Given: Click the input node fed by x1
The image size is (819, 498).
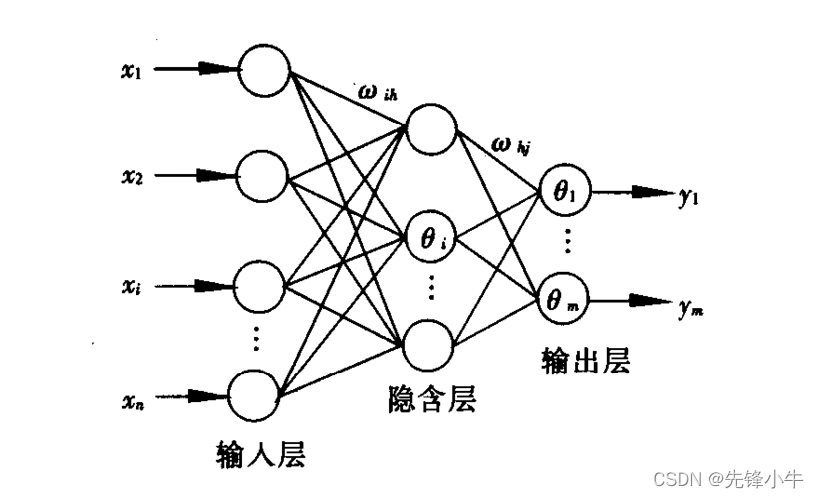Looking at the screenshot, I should (x=263, y=71).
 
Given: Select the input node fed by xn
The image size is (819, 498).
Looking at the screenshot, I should (x=256, y=395).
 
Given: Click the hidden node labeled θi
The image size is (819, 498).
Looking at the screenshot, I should (x=430, y=238).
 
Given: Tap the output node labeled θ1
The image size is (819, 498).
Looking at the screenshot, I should (x=563, y=192).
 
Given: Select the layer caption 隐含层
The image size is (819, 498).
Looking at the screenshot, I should (x=431, y=399).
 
